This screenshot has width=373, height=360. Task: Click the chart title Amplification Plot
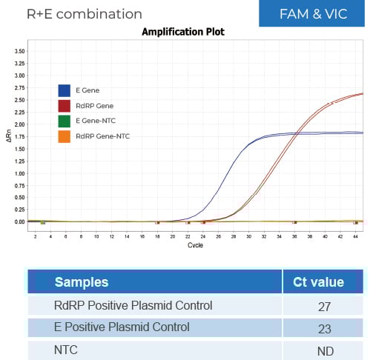182,32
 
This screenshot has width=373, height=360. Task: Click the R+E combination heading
84,14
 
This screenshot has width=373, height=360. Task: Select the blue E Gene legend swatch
65,90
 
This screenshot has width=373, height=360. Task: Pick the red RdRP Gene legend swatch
65,106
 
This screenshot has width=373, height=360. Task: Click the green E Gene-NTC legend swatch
65,121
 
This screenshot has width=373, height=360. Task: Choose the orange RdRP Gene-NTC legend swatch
65,136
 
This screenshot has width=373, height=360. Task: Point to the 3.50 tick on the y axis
20,51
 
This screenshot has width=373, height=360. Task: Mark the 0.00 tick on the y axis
20,221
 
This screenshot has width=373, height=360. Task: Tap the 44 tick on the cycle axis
356,236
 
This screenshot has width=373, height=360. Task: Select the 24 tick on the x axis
203,236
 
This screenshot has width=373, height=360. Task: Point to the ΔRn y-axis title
8,136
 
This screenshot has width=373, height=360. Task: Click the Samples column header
82,281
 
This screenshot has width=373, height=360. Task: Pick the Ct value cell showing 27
323,305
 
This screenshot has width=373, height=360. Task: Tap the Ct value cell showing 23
323,327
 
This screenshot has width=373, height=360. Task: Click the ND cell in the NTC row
323,348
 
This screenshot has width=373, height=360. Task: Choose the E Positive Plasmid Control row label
122,327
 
